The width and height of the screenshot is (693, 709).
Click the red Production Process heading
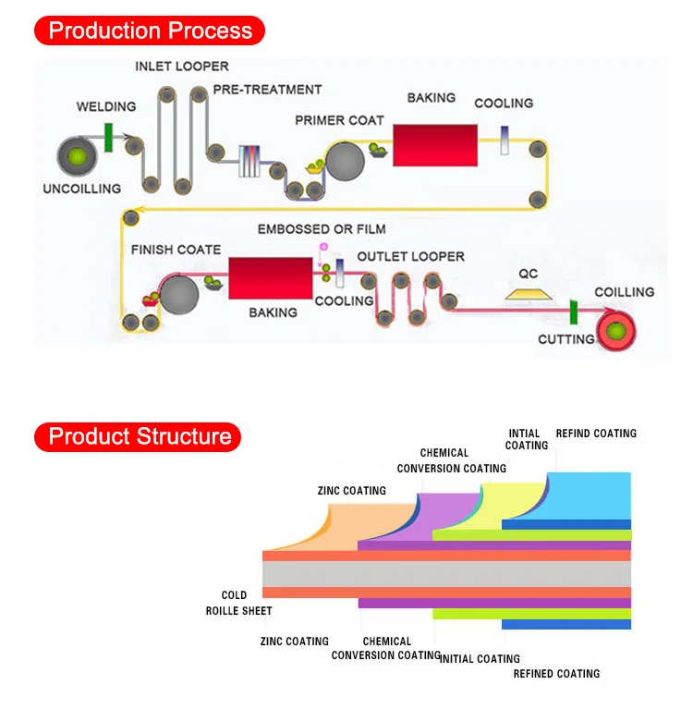[x=150, y=31]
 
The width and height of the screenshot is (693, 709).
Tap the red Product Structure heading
[x=138, y=437]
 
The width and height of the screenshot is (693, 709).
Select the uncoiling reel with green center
[x=77, y=156]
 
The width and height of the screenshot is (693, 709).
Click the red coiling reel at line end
[x=616, y=332]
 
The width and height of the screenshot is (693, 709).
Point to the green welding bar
[x=108, y=138]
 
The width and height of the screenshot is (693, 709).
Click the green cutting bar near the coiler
[x=574, y=312]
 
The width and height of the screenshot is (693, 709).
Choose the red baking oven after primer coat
[x=435, y=145]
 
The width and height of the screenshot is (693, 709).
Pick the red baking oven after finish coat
[x=271, y=278]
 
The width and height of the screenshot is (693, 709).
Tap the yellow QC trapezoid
[x=529, y=294]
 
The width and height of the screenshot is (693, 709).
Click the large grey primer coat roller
[x=345, y=162]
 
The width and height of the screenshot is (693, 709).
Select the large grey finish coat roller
[x=179, y=295]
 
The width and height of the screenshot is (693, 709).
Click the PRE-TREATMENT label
[x=268, y=90]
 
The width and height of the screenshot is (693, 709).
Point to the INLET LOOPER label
[x=182, y=67]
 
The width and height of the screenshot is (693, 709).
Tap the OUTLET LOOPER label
[x=411, y=257]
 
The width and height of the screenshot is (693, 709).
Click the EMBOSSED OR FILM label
[x=322, y=229]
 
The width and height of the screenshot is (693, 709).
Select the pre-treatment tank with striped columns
[x=249, y=161]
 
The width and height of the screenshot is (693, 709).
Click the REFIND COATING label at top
[x=596, y=434]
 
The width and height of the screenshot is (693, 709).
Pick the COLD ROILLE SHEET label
[x=238, y=603]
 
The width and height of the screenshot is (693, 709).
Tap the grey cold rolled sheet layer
[x=446, y=574]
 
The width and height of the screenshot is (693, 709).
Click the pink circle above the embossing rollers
[x=323, y=247]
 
